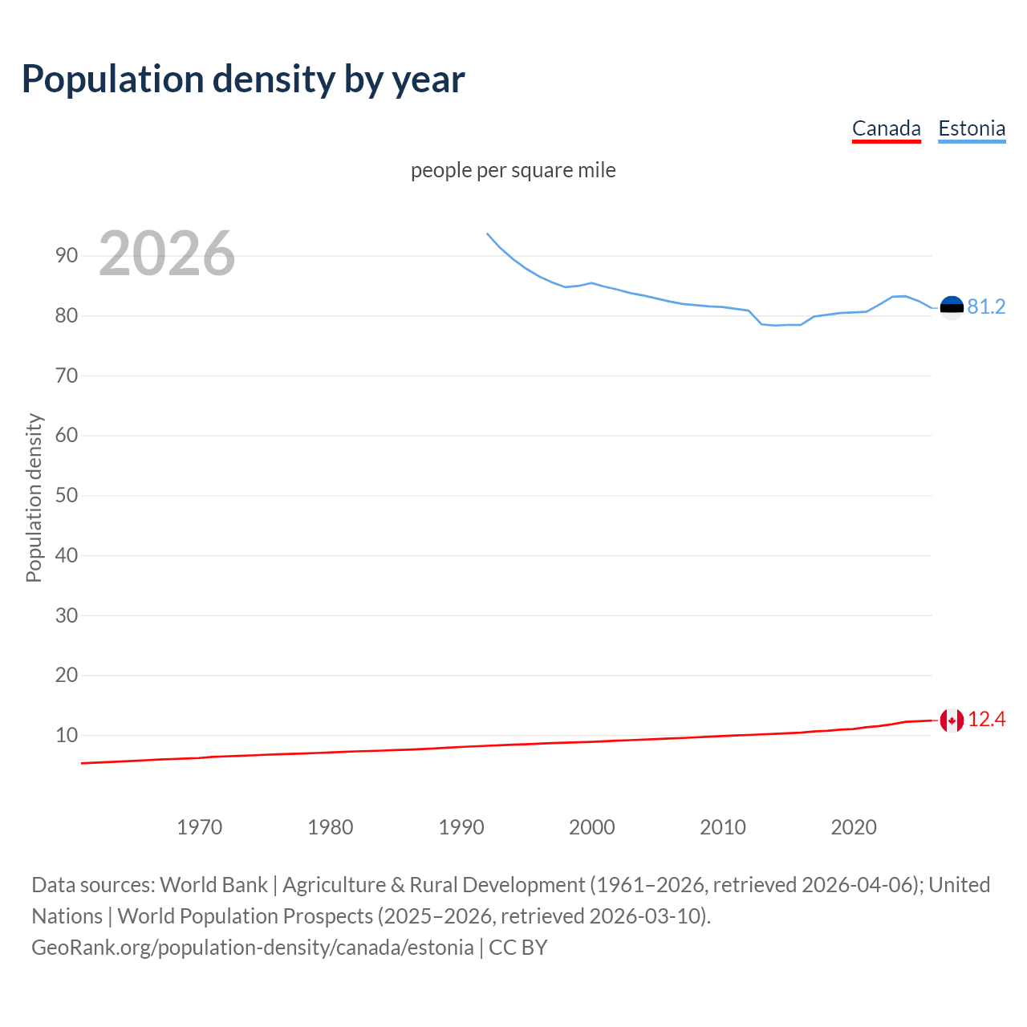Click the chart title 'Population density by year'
coord(243,79)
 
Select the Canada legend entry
coord(886,128)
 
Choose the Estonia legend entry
coord(972,128)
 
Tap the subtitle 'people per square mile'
coord(513,170)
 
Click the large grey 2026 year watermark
coord(167,254)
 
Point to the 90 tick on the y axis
coord(67,256)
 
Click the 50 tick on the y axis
coord(67,495)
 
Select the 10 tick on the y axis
coord(67,735)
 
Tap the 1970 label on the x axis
coord(200,827)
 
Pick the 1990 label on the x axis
coord(461,827)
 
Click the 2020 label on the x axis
coord(854,827)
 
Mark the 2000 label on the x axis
coord(592,827)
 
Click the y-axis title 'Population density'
coord(34,497)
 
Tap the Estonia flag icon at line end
coord(952,307)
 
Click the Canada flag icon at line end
coord(952,721)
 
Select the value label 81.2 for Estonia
coord(986,307)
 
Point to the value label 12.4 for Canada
coord(986,720)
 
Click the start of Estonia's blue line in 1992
coord(487,233)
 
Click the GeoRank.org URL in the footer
coord(253,948)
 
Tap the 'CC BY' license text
coord(518,948)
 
